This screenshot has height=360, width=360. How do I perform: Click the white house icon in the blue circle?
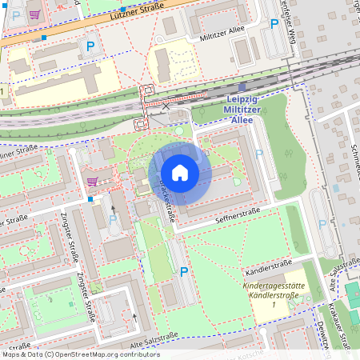tap(180, 173)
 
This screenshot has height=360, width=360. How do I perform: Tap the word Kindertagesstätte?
tap(274, 286)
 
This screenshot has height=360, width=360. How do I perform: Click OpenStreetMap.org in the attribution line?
tap(89, 354)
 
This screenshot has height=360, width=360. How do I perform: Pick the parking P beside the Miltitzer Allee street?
tap(275, 24)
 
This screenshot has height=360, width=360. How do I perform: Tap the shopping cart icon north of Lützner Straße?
tap(34, 14)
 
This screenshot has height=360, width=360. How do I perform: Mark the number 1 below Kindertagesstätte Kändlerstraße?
tap(274, 306)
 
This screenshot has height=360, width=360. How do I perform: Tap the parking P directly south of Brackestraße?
tap(184, 272)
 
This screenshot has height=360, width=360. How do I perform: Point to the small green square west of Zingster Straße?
tap(70, 303)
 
